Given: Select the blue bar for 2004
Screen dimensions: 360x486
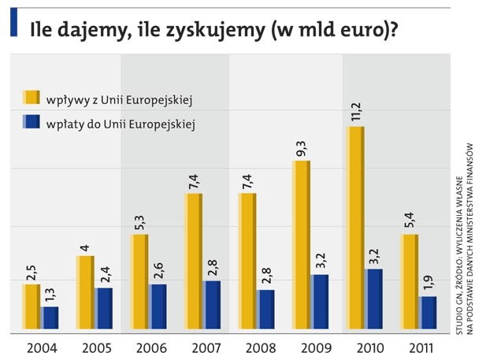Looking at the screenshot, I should (50, 317).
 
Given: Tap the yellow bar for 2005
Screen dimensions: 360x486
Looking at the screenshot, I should (84, 291).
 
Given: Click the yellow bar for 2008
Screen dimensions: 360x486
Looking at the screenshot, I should (247, 260).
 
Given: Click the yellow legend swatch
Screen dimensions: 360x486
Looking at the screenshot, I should (32, 98).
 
